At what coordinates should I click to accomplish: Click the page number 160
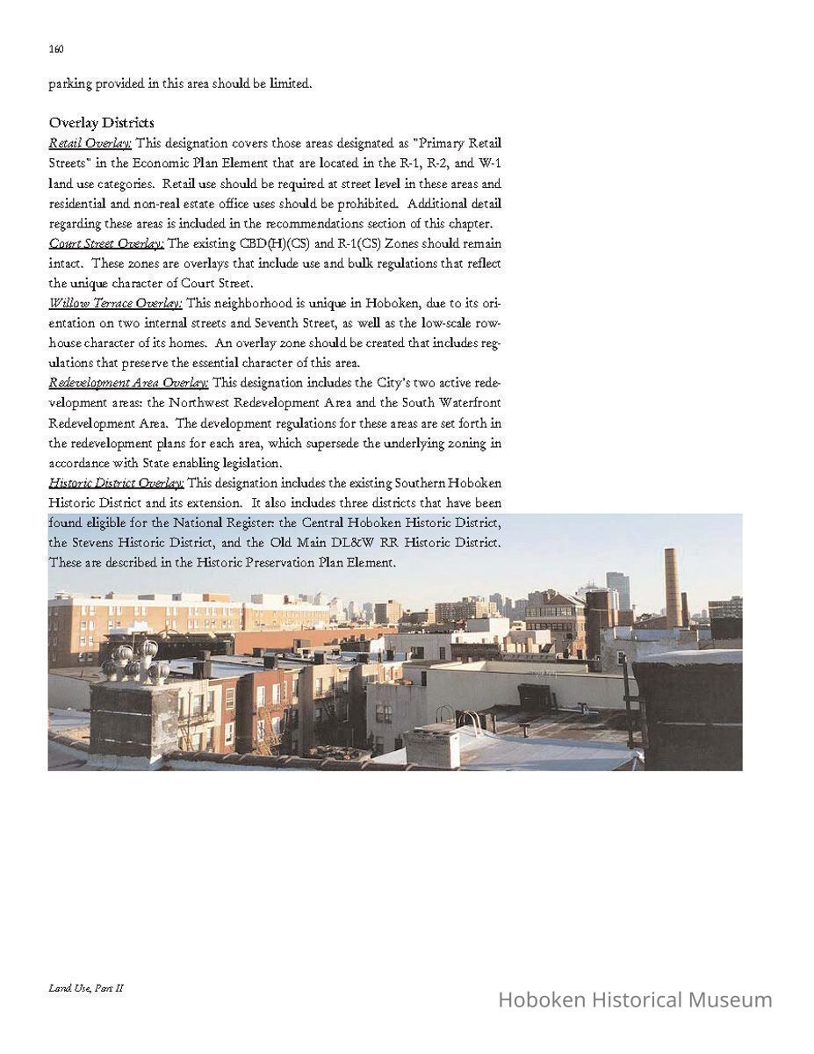pyautogui.click(x=56, y=49)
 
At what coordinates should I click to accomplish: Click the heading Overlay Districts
pyautogui.click(x=101, y=122)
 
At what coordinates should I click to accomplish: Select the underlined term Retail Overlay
pyautogui.click(x=90, y=143)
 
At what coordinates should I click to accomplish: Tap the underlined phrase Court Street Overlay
pyautogui.click(x=106, y=243)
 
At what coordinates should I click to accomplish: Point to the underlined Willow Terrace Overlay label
pyautogui.click(x=115, y=303)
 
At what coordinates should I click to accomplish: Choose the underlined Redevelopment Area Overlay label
pyautogui.click(x=128, y=383)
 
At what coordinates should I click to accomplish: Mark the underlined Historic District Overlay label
pyautogui.click(x=116, y=483)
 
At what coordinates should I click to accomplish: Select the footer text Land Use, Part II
pyautogui.click(x=86, y=988)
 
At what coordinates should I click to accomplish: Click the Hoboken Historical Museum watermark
pyautogui.click(x=635, y=1000)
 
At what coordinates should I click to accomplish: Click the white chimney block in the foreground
pyautogui.click(x=432, y=747)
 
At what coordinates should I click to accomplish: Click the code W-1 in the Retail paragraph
pyautogui.click(x=490, y=163)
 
